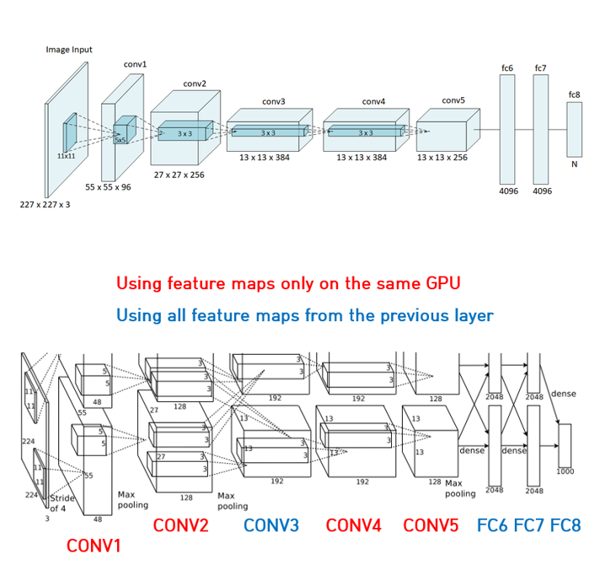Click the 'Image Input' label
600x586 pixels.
69,50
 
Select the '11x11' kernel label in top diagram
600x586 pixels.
67,156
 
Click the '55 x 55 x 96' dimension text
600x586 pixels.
108,187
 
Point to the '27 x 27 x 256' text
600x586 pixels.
179,175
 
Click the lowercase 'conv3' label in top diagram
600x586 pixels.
273,101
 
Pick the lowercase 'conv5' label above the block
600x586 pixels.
453,100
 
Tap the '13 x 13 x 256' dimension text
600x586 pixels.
442,157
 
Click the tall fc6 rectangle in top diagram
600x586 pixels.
506,128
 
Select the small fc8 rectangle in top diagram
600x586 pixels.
574,129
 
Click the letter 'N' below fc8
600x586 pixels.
574,164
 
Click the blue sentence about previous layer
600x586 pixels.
304,315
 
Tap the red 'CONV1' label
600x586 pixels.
94,546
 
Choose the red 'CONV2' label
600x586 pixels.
180,525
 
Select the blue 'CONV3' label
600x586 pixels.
271,525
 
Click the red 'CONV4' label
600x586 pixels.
354,525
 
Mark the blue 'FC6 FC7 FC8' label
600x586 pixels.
528,525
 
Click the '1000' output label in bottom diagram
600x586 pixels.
565,471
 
